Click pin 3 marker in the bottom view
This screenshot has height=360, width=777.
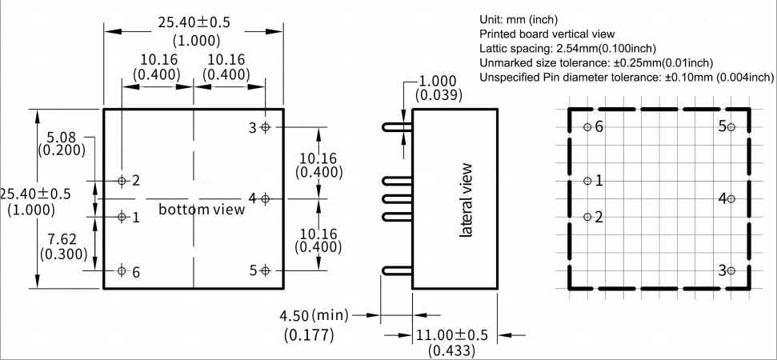click(266, 126)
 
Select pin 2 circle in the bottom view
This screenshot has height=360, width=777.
click(122, 181)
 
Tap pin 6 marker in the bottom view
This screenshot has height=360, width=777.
click(122, 270)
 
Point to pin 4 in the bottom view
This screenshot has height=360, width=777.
click(266, 198)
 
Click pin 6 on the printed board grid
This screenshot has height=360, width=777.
click(588, 127)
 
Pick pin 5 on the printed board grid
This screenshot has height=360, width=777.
click(731, 127)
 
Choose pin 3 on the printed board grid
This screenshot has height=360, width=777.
click(731, 270)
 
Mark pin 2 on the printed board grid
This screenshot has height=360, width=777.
click(588, 217)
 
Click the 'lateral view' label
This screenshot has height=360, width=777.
click(466, 200)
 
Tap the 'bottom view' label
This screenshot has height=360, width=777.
click(202, 210)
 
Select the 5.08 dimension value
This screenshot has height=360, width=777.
click(62, 137)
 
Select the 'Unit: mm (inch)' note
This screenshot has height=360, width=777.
click(519, 19)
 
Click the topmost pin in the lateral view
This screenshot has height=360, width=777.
click(397, 127)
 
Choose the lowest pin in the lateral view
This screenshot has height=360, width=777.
click(397, 271)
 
